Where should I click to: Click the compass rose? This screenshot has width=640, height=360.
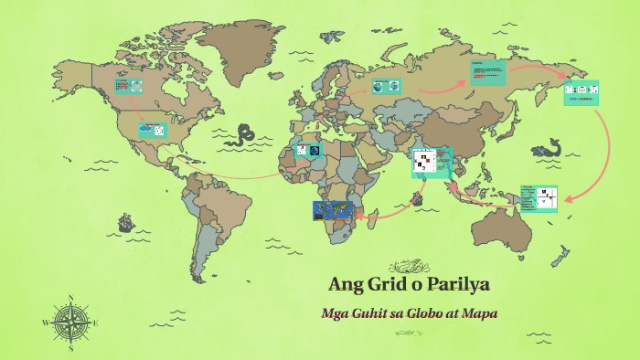(x=70, y=323)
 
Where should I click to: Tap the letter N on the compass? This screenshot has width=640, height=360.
(x=70, y=298)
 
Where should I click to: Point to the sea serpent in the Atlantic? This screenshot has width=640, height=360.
(x=243, y=136)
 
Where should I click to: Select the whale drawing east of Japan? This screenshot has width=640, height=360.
(x=549, y=147)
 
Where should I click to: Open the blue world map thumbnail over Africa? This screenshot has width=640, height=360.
(x=332, y=211)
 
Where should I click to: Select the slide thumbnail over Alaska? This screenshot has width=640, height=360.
(x=128, y=86)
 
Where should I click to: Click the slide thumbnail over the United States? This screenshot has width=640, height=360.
(x=152, y=131)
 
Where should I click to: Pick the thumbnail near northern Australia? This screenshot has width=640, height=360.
(x=539, y=198)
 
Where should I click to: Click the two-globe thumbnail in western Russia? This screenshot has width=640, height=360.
(x=385, y=86)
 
